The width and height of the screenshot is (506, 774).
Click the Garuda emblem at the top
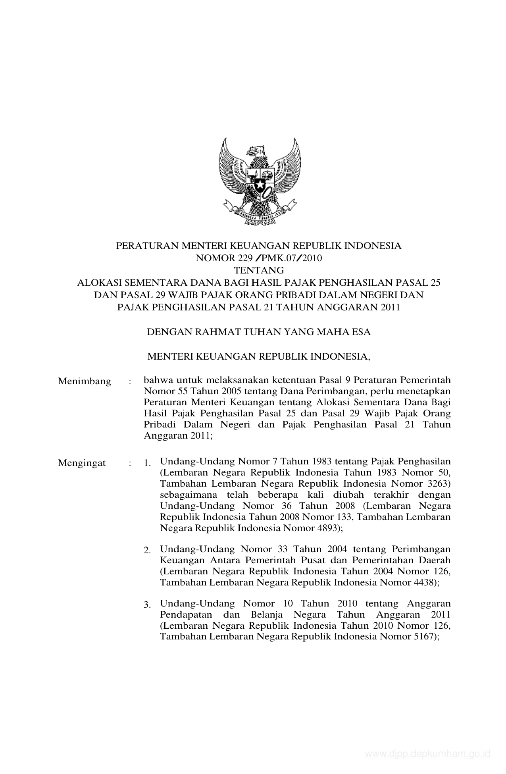tap(259, 181)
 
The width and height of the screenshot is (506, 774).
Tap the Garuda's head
tap(256, 150)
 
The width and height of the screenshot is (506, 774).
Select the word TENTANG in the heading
tap(259, 270)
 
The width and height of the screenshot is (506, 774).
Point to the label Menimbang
tap(85, 381)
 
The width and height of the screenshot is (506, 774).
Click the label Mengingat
tap(82, 463)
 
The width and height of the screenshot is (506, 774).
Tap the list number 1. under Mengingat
tap(147, 463)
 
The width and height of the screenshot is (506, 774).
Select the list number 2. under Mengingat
tap(147, 551)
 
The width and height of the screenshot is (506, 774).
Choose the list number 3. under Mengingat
tap(147, 605)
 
